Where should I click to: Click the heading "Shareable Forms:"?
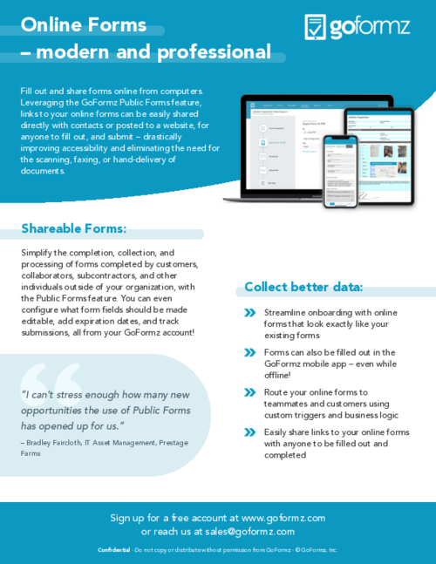[74, 229]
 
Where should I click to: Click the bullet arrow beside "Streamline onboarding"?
[249, 312]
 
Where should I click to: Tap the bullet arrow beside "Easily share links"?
[249, 432]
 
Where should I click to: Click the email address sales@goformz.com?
[251, 531]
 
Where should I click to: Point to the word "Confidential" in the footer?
[114, 550]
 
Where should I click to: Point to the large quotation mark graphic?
[54, 384]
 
